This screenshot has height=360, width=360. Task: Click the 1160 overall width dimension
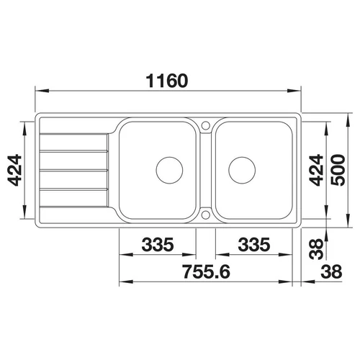click(167, 81)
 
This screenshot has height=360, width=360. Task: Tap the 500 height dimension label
click(338, 170)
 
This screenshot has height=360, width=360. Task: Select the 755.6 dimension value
click(206, 271)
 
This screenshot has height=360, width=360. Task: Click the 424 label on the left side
click(14, 171)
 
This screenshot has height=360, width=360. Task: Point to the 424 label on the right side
click(316, 170)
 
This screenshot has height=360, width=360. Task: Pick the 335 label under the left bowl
click(158, 244)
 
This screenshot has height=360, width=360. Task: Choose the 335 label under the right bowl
click(254, 244)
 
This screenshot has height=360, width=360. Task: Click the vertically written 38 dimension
click(316, 249)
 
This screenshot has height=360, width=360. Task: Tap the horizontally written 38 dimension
click(331, 271)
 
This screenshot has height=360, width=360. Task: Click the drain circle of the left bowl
click(169, 157)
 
